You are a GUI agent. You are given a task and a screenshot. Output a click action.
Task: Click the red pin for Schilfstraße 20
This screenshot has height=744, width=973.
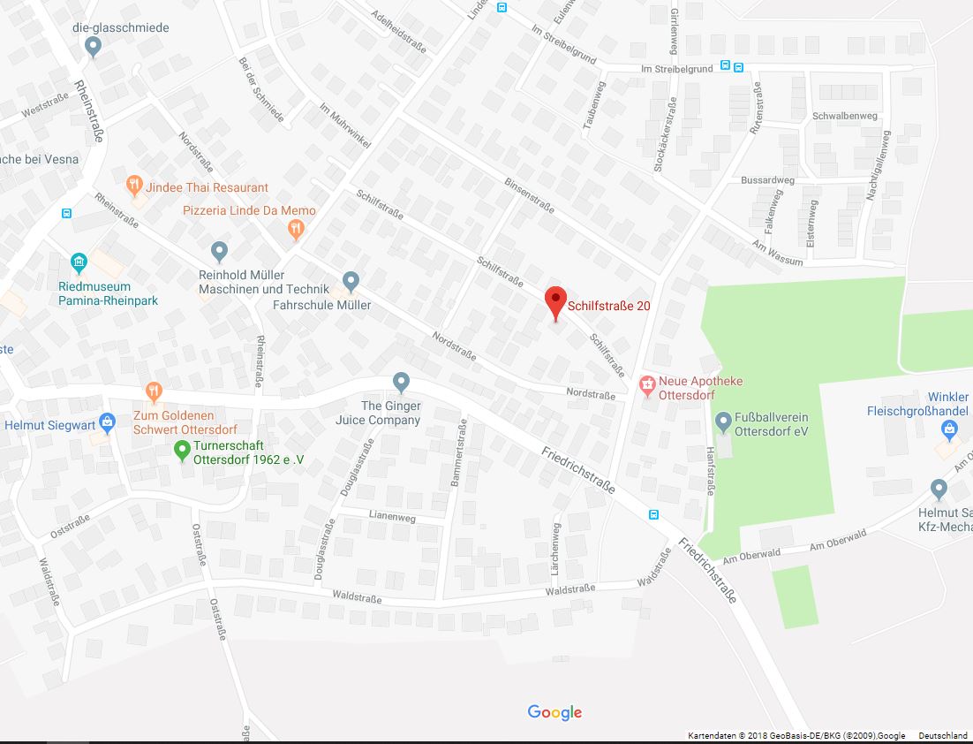(x=554, y=302)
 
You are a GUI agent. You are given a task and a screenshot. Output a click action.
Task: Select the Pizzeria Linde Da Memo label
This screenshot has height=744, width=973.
(x=249, y=210)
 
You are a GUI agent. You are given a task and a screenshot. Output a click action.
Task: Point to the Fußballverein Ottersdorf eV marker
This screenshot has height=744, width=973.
(x=723, y=421)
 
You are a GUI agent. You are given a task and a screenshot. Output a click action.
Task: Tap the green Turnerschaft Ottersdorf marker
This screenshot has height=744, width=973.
(x=183, y=449)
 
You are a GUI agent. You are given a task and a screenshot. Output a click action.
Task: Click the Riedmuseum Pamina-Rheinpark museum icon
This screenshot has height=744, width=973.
(x=79, y=262)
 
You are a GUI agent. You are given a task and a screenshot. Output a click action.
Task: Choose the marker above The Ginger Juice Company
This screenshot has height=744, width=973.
(x=402, y=382)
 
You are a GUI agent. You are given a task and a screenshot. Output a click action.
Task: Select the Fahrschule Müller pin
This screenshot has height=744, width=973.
(x=351, y=281)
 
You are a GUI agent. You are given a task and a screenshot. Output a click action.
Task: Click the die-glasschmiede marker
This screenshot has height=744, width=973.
(x=94, y=46)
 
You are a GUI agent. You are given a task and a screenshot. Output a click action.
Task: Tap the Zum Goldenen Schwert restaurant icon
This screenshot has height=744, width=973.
(x=155, y=391)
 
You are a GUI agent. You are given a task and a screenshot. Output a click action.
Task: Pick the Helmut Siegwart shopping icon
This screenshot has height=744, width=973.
(x=107, y=422)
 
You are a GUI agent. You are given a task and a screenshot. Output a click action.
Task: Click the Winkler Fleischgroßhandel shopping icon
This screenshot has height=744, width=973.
(x=949, y=429)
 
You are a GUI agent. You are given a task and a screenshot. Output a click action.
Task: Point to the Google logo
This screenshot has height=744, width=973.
(x=554, y=712)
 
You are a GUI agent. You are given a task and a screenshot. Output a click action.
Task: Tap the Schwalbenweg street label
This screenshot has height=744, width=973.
(x=844, y=116)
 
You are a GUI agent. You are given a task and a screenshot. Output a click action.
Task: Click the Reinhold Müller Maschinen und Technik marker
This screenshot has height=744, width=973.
(x=220, y=252)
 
